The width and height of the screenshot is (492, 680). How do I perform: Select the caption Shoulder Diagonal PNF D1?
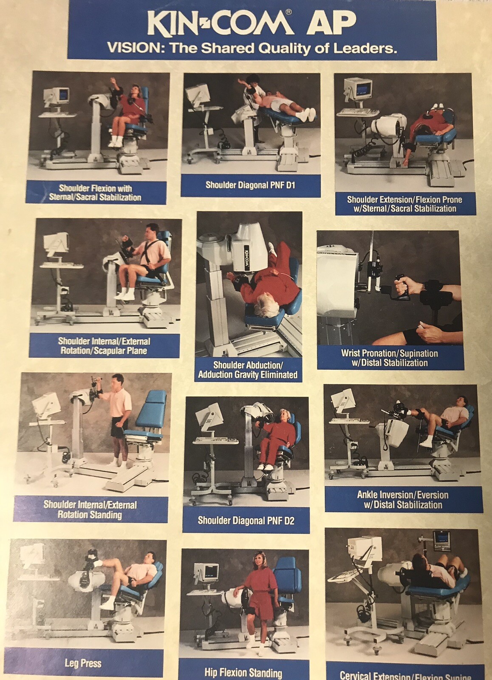click(250, 185)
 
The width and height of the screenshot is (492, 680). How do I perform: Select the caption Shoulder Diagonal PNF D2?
click(246, 520)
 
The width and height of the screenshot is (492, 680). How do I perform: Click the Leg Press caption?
click(83, 663)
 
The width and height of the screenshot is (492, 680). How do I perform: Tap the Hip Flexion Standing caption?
click(243, 673)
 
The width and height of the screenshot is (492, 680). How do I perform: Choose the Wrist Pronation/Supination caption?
click(389, 358)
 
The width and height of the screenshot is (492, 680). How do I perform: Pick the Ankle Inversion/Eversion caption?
click(402, 500)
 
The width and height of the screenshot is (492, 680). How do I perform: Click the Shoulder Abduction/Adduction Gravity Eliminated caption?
click(248, 370)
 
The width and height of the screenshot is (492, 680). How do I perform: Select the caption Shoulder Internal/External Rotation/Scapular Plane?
click(104, 346)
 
